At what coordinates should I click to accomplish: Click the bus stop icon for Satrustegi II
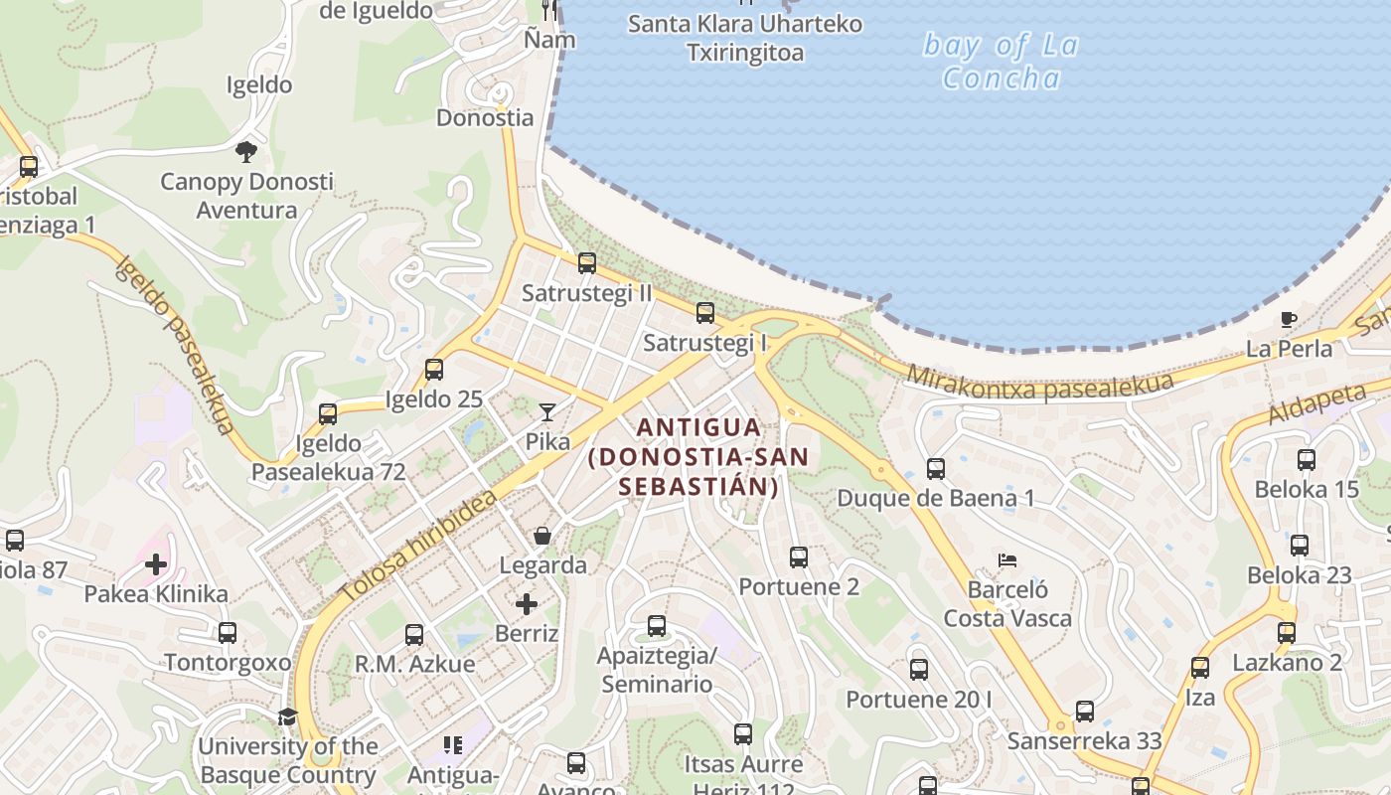pos(587,263)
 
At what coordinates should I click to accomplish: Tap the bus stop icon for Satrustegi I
pos(705,313)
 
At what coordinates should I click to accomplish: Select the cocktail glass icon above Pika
pos(546,411)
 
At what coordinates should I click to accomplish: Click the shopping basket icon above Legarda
pos(542,537)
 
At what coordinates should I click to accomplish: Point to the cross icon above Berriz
pos(527,604)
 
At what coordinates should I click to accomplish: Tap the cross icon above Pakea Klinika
pos(156,565)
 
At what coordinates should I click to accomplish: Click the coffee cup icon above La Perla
pos(1289,320)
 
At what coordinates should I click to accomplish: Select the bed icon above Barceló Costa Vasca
pos(1007,560)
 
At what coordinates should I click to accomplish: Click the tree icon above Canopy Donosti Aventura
pos(246,152)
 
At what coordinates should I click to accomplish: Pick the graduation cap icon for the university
pos(287,716)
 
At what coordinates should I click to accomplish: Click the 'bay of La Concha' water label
pos(1001,61)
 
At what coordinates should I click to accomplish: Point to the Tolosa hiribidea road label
pos(418,546)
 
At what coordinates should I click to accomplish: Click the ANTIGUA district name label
pos(698,456)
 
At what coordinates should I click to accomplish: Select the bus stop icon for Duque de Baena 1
pos(935,469)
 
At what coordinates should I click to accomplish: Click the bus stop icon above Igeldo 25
pos(434,370)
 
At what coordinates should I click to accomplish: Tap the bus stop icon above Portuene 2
pos(799,557)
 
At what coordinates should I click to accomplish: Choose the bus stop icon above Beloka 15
pos(1307,460)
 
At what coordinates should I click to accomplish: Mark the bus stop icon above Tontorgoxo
pos(228,633)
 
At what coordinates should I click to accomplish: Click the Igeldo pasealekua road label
pos(176,344)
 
